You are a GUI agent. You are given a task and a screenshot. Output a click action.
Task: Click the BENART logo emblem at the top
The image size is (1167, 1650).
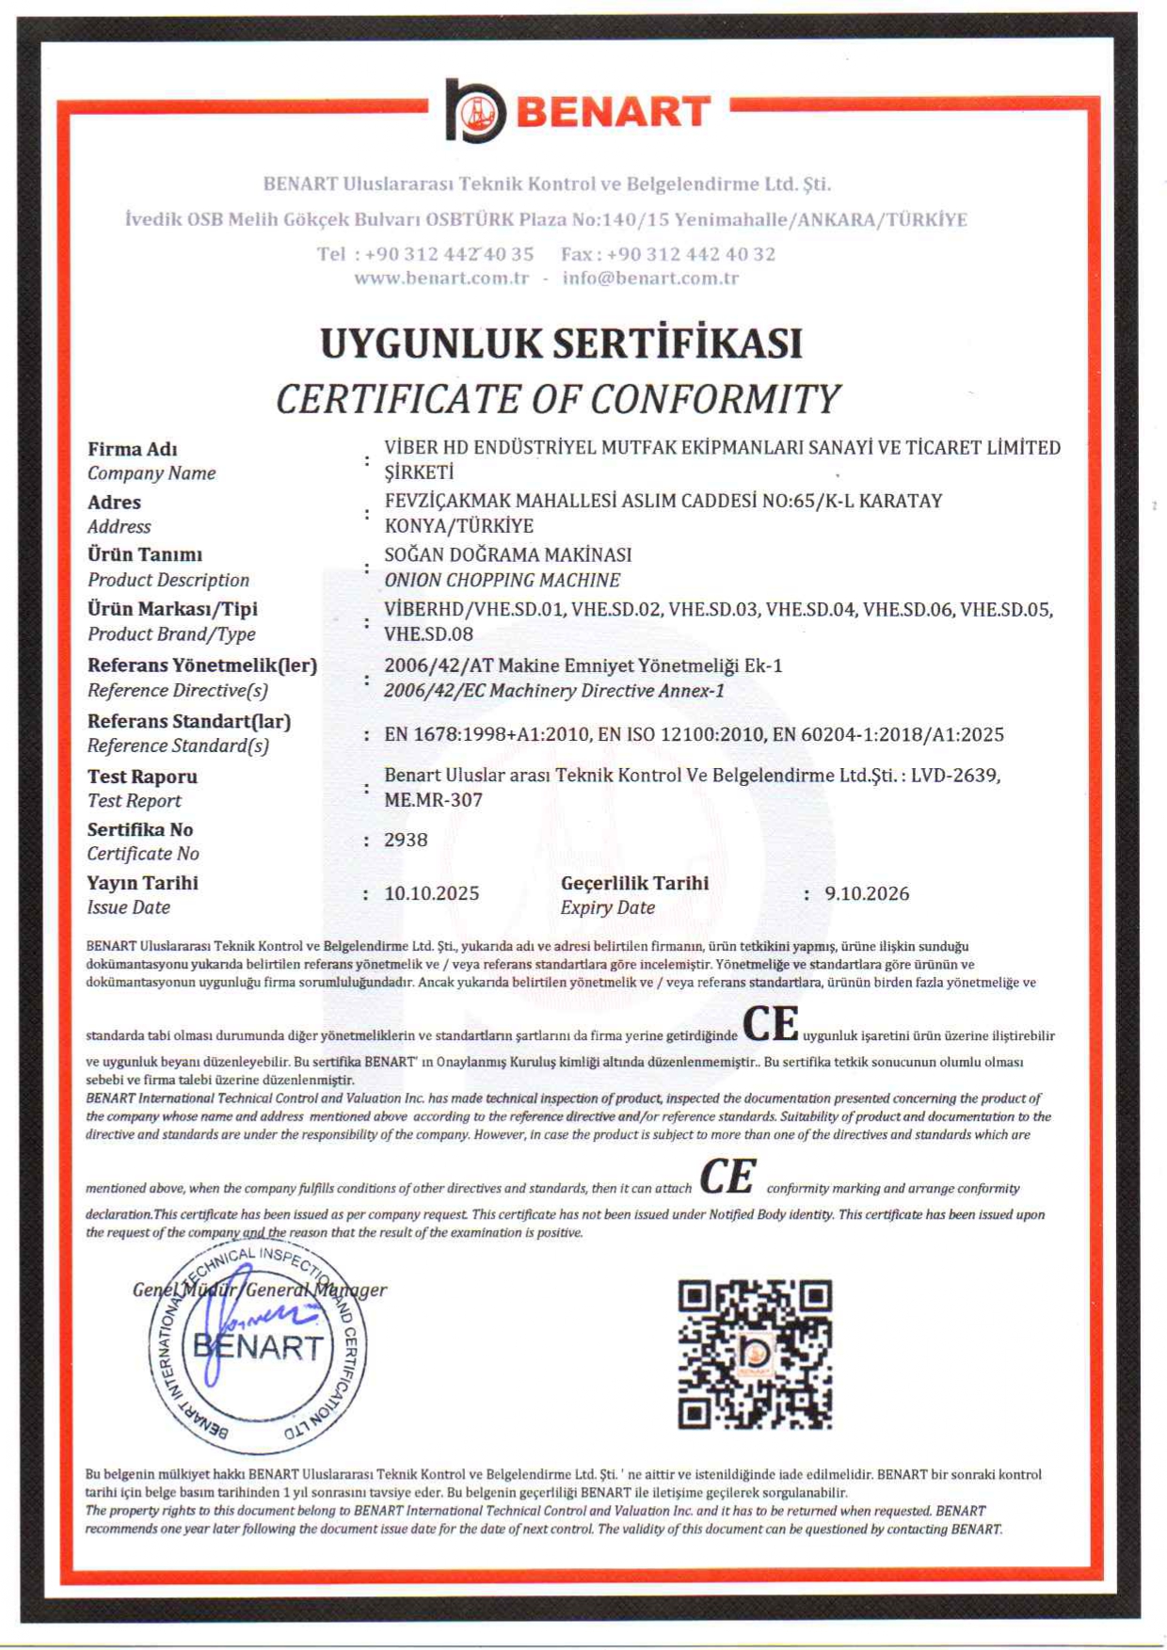[475, 111]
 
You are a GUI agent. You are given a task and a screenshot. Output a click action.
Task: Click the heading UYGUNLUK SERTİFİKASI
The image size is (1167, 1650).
[561, 343]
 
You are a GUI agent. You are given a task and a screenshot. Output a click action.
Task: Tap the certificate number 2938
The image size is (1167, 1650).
[406, 840]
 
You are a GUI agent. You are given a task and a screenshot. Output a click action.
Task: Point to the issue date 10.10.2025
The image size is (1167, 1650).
[431, 893]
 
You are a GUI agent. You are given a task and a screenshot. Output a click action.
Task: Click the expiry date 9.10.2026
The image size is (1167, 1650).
[867, 893]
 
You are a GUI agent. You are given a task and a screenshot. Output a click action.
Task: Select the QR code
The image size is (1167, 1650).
[755, 1354]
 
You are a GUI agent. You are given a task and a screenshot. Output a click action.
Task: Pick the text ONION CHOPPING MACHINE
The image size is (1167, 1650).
[502, 580]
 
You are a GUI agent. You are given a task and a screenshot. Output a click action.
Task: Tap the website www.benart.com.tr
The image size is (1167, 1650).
[441, 278]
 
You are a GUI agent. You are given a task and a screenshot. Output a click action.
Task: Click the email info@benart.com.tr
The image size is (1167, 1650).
[650, 278]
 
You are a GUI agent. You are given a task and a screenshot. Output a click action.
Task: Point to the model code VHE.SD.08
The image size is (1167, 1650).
[428, 633]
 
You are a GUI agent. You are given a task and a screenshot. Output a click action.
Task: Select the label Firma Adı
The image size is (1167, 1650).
[133, 449]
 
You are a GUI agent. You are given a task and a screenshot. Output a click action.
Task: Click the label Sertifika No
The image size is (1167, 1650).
[140, 829]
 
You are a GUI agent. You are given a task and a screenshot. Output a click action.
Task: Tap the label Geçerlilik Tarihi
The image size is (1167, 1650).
[634, 883]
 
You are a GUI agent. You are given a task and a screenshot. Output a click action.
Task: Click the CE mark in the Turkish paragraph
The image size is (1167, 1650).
[771, 1025]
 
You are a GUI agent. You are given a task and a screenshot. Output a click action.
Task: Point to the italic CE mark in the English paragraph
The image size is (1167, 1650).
[727, 1177]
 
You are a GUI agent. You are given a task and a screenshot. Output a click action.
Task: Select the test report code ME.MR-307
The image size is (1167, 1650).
[433, 800]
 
